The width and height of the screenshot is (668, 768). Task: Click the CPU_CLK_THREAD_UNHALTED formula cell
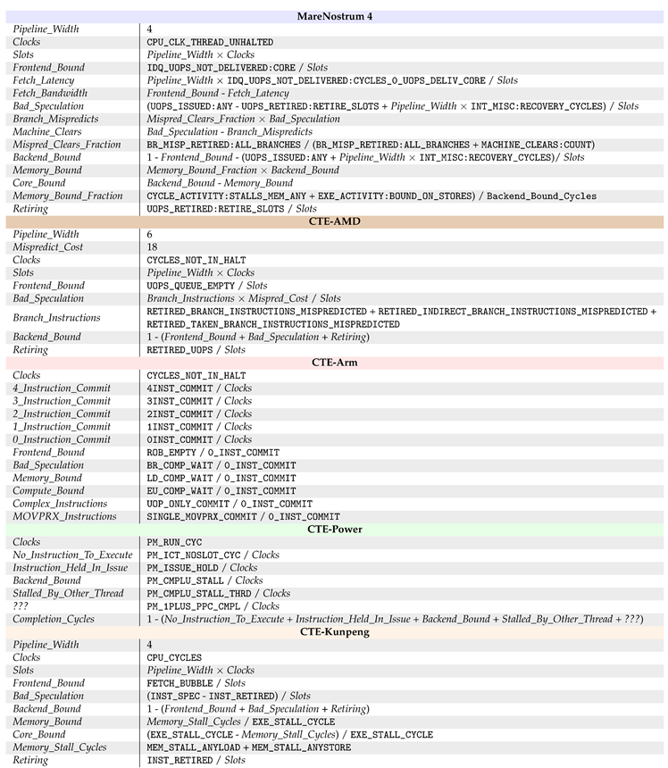(x=210, y=42)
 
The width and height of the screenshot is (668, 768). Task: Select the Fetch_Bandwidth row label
(x=50, y=93)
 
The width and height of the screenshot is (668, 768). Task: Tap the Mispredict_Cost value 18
(x=153, y=247)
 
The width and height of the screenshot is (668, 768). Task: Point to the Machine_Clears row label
(x=47, y=131)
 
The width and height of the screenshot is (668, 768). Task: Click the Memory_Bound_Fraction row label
(x=68, y=196)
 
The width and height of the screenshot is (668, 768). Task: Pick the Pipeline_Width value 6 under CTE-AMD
(x=150, y=235)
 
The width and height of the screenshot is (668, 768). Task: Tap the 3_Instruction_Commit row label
(x=62, y=401)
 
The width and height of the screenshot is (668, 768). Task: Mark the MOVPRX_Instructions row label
(x=64, y=516)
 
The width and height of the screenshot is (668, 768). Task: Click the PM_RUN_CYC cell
(x=175, y=542)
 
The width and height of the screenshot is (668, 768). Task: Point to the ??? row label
(x=23, y=606)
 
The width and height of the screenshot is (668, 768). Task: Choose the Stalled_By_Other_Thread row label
(x=68, y=593)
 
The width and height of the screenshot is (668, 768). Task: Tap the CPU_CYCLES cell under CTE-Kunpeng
(x=174, y=657)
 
